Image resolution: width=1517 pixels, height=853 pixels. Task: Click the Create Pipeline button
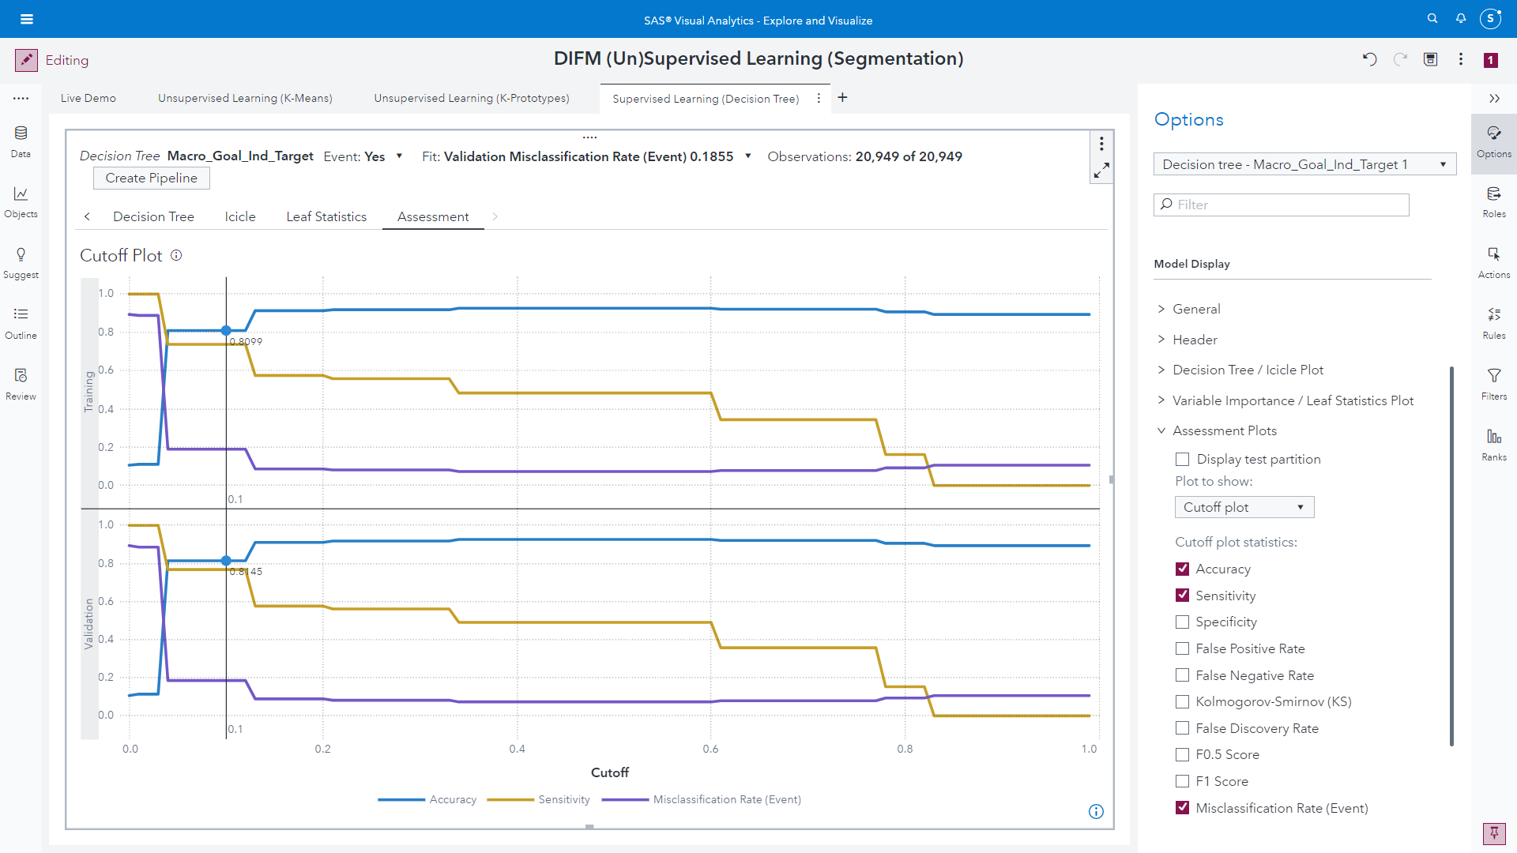coord(151,178)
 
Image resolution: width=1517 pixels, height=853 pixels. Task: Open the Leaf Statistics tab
coord(326,216)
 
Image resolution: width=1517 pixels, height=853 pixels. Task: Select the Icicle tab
coord(239,216)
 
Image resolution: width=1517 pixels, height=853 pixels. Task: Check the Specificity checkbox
coord(1182,622)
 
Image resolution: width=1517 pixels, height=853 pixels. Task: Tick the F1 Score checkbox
coord(1182,781)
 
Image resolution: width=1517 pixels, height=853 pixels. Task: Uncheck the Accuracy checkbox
coord(1182,569)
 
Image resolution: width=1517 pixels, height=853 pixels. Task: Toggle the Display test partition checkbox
coord(1182,459)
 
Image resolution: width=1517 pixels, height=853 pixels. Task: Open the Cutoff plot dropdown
coord(1244,507)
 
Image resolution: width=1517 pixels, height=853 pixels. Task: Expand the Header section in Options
coord(1195,340)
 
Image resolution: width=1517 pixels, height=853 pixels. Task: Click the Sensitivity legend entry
coord(563,799)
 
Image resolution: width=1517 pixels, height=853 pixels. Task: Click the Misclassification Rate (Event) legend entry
coord(726,799)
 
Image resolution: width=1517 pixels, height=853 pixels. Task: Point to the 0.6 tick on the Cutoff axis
coord(710,749)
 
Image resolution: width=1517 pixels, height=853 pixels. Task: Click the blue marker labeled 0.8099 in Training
coord(226,331)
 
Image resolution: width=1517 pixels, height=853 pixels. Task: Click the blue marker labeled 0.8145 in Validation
coord(226,561)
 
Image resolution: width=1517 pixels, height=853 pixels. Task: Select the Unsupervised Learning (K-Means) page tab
coord(245,98)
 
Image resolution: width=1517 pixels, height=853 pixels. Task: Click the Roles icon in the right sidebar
coord(1493,201)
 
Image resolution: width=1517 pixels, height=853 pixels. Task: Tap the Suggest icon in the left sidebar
coord(21,261)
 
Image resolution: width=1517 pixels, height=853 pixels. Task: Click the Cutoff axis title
coord(609,772)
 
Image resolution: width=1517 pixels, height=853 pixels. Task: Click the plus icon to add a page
coord(842,97)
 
